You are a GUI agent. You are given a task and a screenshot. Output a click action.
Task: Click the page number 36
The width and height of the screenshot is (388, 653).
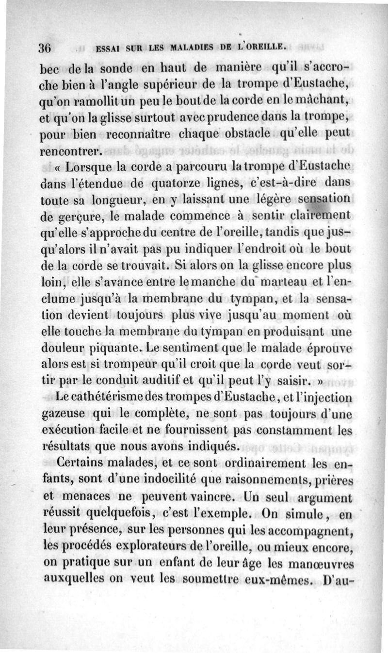[45, 48]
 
